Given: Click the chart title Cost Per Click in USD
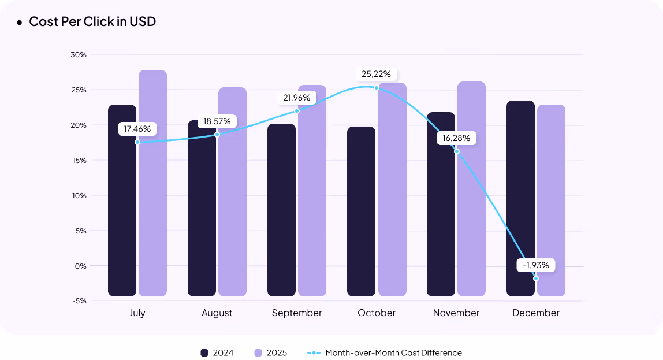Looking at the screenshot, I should (92, 22).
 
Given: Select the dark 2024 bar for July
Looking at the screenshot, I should (122, 220).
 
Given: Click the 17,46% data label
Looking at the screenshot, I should (137, 129).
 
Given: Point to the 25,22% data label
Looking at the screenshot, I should (376, 74).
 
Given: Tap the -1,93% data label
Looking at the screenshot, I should (536, 265).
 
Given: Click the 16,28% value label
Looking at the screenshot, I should (456, 138).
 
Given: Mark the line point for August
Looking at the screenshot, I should (217, 135).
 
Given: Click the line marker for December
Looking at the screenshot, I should (536, 279).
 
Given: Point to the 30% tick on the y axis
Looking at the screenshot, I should (79, 55).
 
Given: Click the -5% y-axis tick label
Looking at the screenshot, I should (80, 300).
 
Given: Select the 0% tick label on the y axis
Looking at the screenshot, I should (80, 266).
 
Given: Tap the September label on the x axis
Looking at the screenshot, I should (297, 313).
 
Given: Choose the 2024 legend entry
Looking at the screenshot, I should (217, 352).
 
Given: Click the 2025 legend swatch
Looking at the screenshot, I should (258, 352).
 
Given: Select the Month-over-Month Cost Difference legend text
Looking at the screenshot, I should (393, 352).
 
